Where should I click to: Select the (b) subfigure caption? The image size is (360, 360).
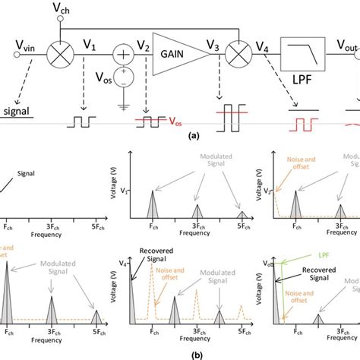coord(180,352)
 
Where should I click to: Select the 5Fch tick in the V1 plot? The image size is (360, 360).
coord(242,226)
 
